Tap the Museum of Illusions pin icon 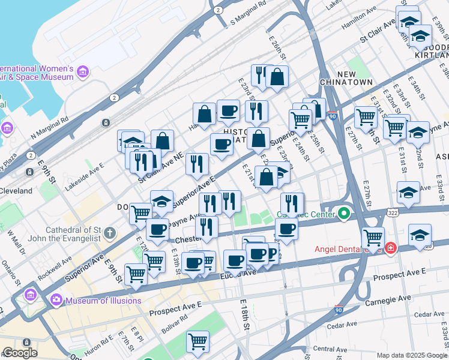coord(56,299)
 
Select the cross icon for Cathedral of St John coord(109,232)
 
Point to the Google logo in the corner coord(19,353)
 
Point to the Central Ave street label coord(330,349)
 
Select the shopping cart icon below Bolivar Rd coord(197,341)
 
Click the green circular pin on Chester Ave coord(343,213)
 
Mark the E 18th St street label coord(246,315)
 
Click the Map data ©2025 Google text coord(411,355)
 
